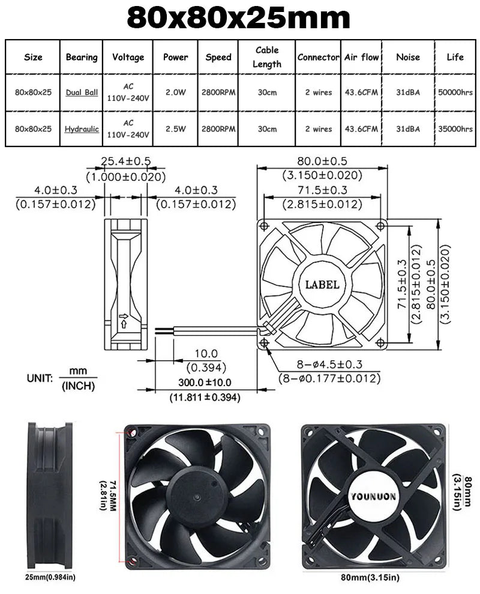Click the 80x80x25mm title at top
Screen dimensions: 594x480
239,19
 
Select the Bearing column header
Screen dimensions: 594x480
82,57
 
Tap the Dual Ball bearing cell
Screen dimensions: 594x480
82,92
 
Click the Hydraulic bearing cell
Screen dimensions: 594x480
82,129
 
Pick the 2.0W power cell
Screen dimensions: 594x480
175,92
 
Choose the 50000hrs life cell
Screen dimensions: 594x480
455,92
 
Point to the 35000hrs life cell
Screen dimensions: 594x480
455,129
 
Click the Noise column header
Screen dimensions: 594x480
408,57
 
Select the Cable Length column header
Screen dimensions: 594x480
267,56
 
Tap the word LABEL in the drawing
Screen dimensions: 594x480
322,285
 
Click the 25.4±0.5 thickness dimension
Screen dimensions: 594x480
125,162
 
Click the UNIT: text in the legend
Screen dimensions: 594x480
40,378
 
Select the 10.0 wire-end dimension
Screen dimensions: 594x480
206,354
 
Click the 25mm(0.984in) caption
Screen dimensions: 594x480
50,578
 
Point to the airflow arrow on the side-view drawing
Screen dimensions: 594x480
124,320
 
